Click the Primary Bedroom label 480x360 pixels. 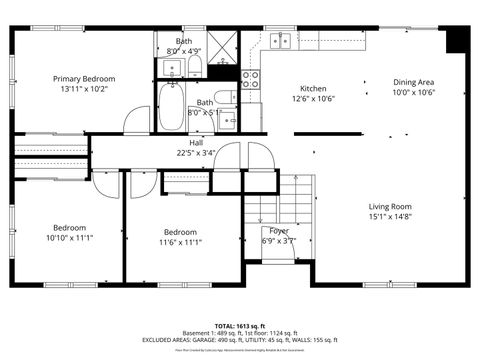(84, 79)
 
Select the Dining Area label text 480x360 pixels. (413, 82)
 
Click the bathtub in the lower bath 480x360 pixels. (172, 107)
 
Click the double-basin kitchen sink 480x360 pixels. (280, 41)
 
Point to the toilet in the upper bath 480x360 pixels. (195, 67)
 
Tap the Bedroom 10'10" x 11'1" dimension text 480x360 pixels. (69, 238)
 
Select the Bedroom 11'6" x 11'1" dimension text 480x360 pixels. (180, 241)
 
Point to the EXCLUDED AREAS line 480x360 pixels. (239, 341)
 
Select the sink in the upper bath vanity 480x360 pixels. (170, 67)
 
